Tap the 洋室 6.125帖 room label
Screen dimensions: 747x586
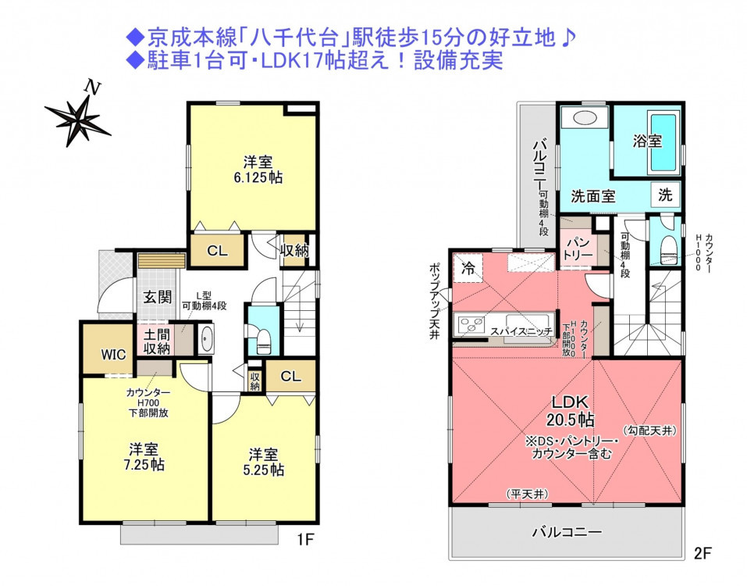(258, 170)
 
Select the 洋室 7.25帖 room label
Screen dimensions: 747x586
(144, 457)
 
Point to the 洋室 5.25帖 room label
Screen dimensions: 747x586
(264, 462)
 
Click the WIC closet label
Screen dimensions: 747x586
(113, 355)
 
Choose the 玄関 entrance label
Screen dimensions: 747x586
(158, 297)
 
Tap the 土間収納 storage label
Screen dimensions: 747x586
(157, 341)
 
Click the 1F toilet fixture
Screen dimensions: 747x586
(263, 339)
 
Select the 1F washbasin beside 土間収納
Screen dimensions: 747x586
(206, 338)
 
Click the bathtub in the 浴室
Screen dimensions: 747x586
(663, 141)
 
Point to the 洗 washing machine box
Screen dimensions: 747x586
(665, 195)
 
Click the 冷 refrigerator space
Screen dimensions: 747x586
(468, 269)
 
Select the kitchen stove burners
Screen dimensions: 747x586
(471, 325)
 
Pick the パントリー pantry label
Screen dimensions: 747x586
(578, 248)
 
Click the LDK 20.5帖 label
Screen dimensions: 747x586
(571, 410)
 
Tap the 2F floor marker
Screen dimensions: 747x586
(703, 553)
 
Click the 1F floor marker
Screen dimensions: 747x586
(305, 539)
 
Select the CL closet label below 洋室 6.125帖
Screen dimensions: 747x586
(217, 250)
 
